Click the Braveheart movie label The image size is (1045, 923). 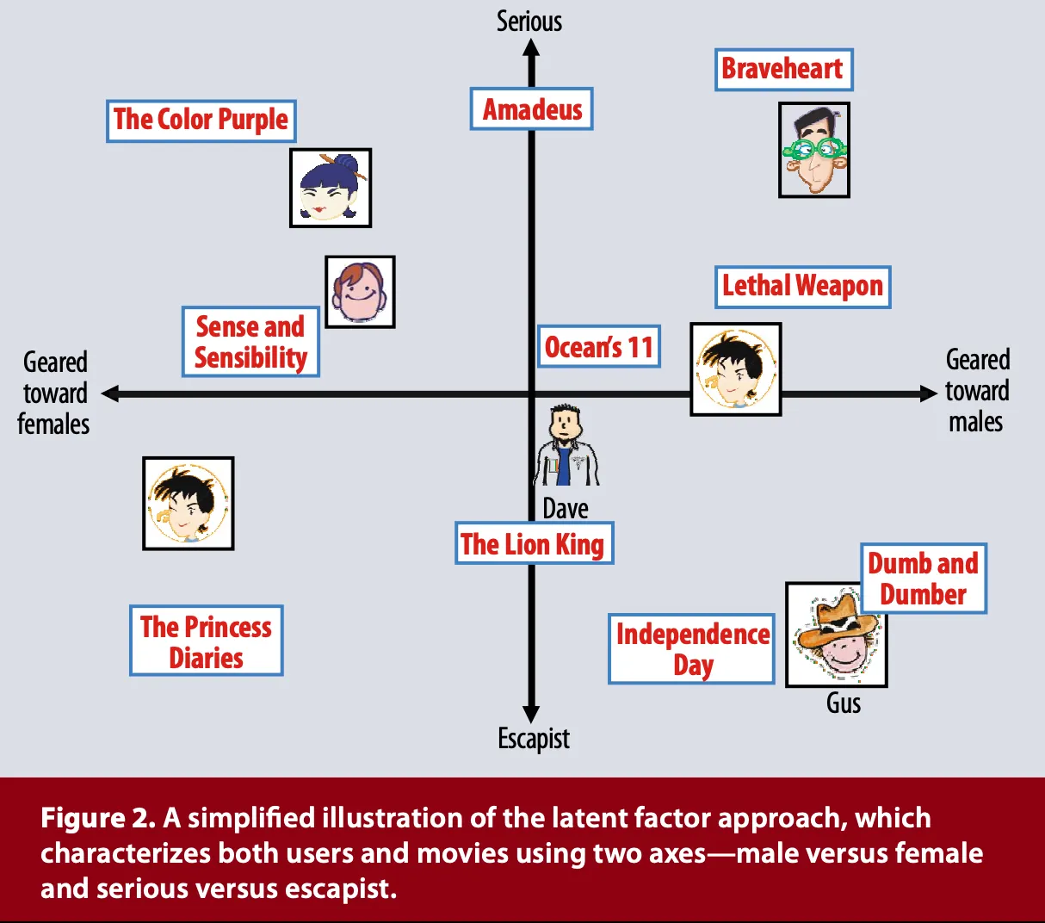pos(784,70)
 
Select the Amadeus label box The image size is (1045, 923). pos(532,108)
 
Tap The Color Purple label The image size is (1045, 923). pos(201,121)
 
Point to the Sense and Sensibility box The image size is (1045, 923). pos(250,342)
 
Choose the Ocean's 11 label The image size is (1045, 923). pos(599,346)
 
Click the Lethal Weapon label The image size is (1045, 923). pos(802,288)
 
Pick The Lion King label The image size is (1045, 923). pos(534,543)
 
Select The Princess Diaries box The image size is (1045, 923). pos(207,641)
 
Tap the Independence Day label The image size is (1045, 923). pos(692,649)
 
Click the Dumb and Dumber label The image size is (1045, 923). pos(924,578)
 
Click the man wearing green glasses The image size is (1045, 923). pos(814,150)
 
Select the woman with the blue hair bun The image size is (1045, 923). pos(331,188)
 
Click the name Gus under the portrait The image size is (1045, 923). pos(844,703)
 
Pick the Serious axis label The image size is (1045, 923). pos(529,22)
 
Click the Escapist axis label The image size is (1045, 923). pos(534,738)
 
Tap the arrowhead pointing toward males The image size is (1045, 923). pos(929,393)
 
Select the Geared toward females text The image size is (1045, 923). pos(54,393)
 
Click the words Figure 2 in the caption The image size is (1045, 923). pos(98,818)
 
